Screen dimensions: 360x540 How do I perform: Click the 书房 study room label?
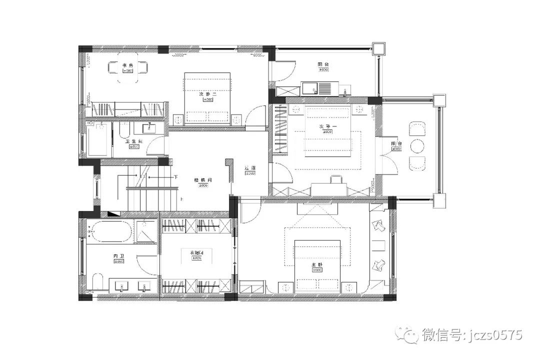127,65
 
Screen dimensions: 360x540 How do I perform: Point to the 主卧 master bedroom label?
316,264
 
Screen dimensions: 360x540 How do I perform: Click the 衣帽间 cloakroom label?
196,253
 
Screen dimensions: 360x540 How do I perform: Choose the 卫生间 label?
133,141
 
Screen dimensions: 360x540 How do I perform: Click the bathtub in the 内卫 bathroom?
109,231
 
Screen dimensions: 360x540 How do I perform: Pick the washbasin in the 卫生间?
148,128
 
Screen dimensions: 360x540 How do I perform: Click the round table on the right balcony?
417,146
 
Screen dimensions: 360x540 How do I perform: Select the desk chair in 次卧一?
336,179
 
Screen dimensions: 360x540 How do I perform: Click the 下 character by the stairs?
175,177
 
